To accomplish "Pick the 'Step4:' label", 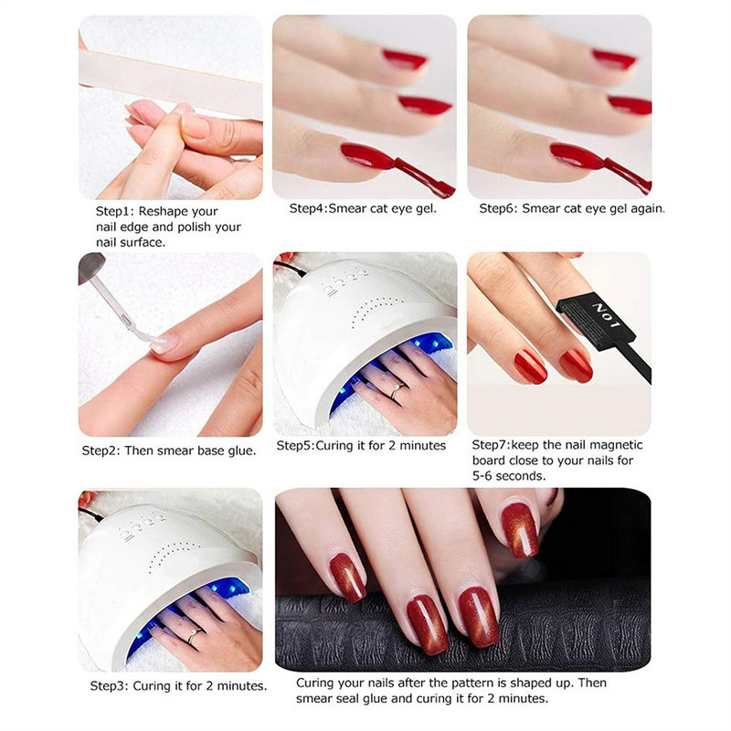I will click(x=312, y=208).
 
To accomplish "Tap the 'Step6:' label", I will click(x=501, y=208).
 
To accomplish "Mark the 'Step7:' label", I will click(x=493, y=446).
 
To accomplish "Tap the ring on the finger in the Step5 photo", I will click(x=394, y=390).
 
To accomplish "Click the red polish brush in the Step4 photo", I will click(x=422, y=174).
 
